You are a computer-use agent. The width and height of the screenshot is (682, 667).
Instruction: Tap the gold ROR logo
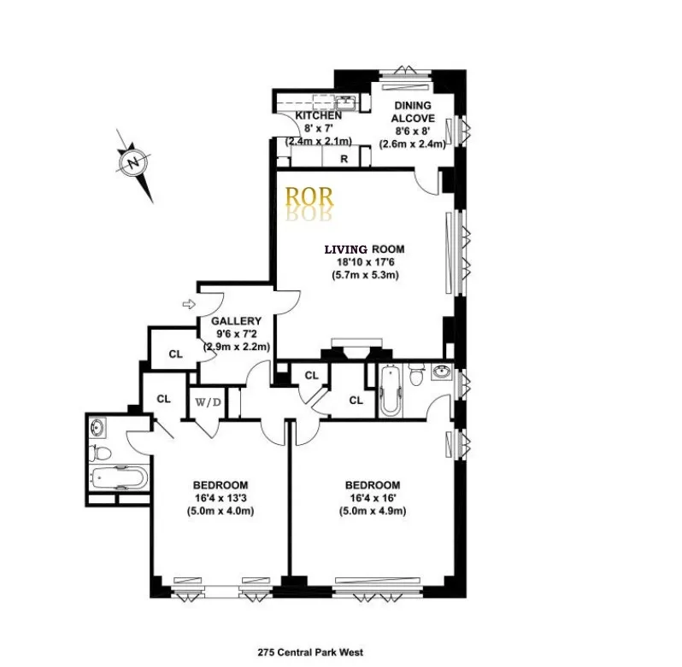(x=310, y=197)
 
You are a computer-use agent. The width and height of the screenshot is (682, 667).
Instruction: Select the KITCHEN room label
(x=318, y=115)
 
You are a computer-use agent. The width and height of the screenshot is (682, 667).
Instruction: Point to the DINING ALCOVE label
(x=414, y=112)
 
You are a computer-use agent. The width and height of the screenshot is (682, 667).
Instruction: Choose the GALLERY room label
(x=236, y=321)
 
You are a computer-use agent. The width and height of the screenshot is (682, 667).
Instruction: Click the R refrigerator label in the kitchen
(x=344, y=159)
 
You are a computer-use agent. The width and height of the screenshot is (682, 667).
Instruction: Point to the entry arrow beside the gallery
(x=189, y=302)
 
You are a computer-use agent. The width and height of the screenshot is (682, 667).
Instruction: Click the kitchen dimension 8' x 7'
(x=318, y=128)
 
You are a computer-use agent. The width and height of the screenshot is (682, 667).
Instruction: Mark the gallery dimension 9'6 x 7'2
(x=236, y=334)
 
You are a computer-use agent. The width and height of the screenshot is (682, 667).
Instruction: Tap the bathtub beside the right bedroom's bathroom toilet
(x=389, y=392)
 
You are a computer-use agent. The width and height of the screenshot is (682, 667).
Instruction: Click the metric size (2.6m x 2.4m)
(x=414, y=144)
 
